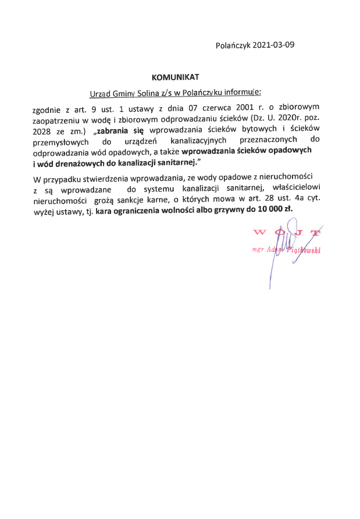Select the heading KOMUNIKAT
(175, 77)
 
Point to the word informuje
(243, 92)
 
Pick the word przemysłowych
(61, 141)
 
